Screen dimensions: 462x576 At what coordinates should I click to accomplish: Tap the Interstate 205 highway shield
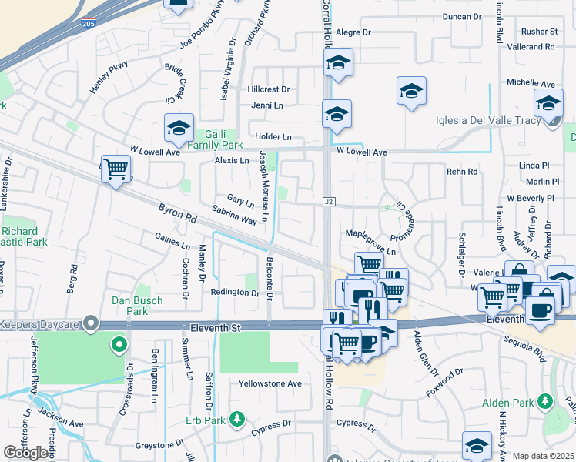pyautogui.click(x=90, y=22)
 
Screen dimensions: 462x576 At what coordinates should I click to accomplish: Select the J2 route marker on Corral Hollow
pyautogui.click(x=329, y=202)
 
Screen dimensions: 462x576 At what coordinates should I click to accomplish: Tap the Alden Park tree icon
pyautogui.click(x=545, y=401)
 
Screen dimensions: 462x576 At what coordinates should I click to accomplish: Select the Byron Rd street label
pyautogui.click(x=177, y=213)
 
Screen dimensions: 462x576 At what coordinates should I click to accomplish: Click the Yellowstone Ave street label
pyautogui.click(x=270, y=383)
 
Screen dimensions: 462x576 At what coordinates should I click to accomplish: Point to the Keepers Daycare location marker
pyautogui.click(x=91, y=322)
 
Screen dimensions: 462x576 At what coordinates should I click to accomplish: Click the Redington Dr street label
pyautogui.click(x=235, y=293)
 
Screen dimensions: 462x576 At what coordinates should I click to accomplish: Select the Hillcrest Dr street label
pyautogui.click(x=269, y=89)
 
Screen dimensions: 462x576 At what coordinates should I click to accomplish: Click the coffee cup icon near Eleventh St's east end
pyautogui.click(x=540, y=310)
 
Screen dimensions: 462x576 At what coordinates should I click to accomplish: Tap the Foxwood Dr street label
pyautogui.click(x=444, y=383)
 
